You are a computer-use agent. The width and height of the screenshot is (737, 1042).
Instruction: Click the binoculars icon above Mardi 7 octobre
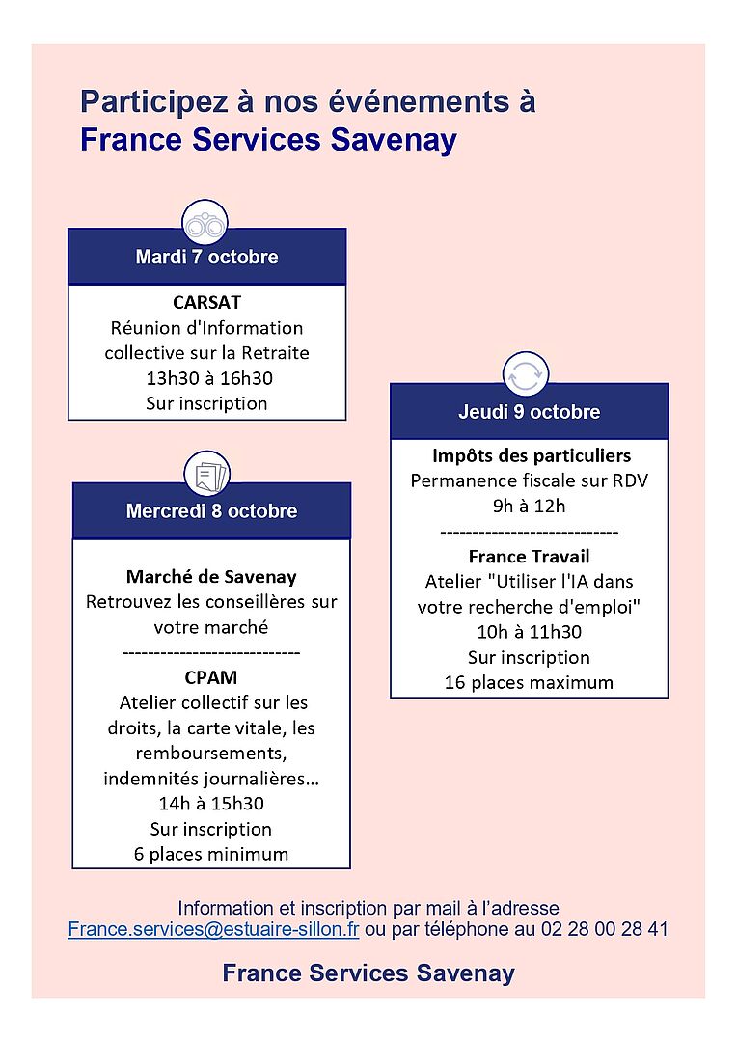(205, 225)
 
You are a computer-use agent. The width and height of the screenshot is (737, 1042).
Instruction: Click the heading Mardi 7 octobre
(206, 258)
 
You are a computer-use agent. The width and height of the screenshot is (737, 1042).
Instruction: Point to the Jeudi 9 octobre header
(529, 412)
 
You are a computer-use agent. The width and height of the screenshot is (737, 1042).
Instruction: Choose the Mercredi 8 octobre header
(211, 511)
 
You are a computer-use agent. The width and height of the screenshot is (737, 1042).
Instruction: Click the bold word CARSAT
(206, 303)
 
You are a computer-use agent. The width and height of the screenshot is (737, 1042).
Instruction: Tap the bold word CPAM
(211, 677)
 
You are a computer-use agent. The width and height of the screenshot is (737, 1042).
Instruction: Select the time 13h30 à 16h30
(206, 378)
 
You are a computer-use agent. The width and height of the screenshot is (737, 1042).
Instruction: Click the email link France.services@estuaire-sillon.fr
(213, 929)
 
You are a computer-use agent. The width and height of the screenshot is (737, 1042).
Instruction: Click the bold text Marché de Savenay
(211, 577)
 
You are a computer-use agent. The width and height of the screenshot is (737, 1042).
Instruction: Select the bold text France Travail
(529, 557)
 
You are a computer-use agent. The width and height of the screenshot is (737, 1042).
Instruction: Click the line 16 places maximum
(529, 682)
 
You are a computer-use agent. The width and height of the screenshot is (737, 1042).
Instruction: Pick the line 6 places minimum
(211, 854)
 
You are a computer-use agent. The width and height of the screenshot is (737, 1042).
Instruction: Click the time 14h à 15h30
(211, 804)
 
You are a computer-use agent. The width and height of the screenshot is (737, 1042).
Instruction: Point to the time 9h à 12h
(529, 506)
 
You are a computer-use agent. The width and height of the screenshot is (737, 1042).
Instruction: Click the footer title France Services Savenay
(368, 973)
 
